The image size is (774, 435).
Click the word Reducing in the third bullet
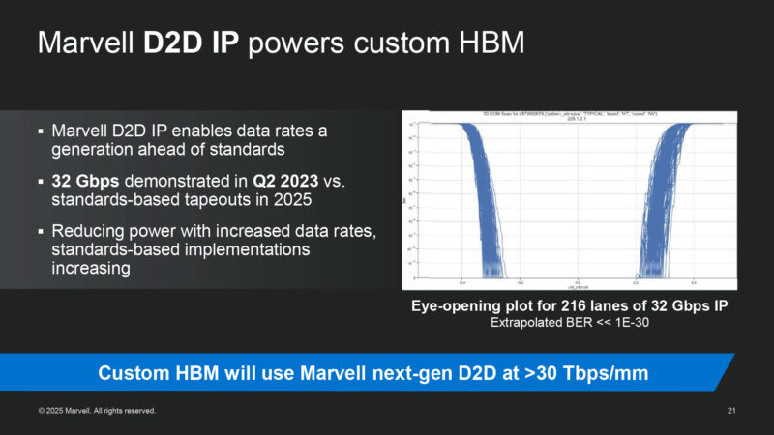coord(88,232)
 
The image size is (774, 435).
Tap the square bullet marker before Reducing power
coord(41,232)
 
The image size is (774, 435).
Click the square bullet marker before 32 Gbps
coord(41,181)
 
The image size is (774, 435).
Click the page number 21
coord(731,411)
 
